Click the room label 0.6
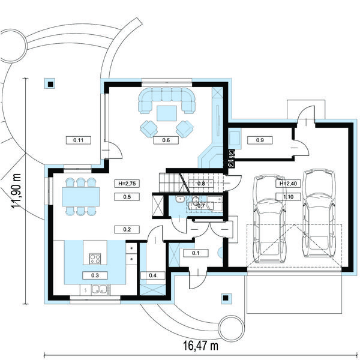pyautogui.click(x=166, y=140)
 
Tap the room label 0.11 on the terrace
pyautogui.click(x=78, y=140)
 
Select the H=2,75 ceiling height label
pyautogui.click(x=127, y=184)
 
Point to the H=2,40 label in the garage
pyautogui.click(x=288, y=184)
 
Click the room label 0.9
pyautogui.click(x=260, y=140)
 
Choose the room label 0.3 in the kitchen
pyautogui.click(x=95, y=275)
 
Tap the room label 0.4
pyautogui.click(x=152, y=275)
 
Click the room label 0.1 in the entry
pyautogui.click(x=196, y=253)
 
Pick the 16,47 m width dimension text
pyautogui.click(x=200, y=346)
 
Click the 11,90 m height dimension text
pyautogui.click(x=16, y=191)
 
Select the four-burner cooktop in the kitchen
pyautogui.click(x=95, y=258)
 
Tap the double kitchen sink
pyautogui.click(x=100, y=290)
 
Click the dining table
pyautogui.click(x=80, y=197)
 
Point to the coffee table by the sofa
pyautogui.click(x=167, y=113)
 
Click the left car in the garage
pyautogui.click(x=269, y=219)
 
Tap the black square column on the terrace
pyautogui.click(x=50, y=85)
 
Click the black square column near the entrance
pyautogui.click(x=226, y=298)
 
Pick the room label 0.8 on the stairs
pyautogui.click(x=201, y=184)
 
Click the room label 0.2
pyautogui.click(x=127, y=229)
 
